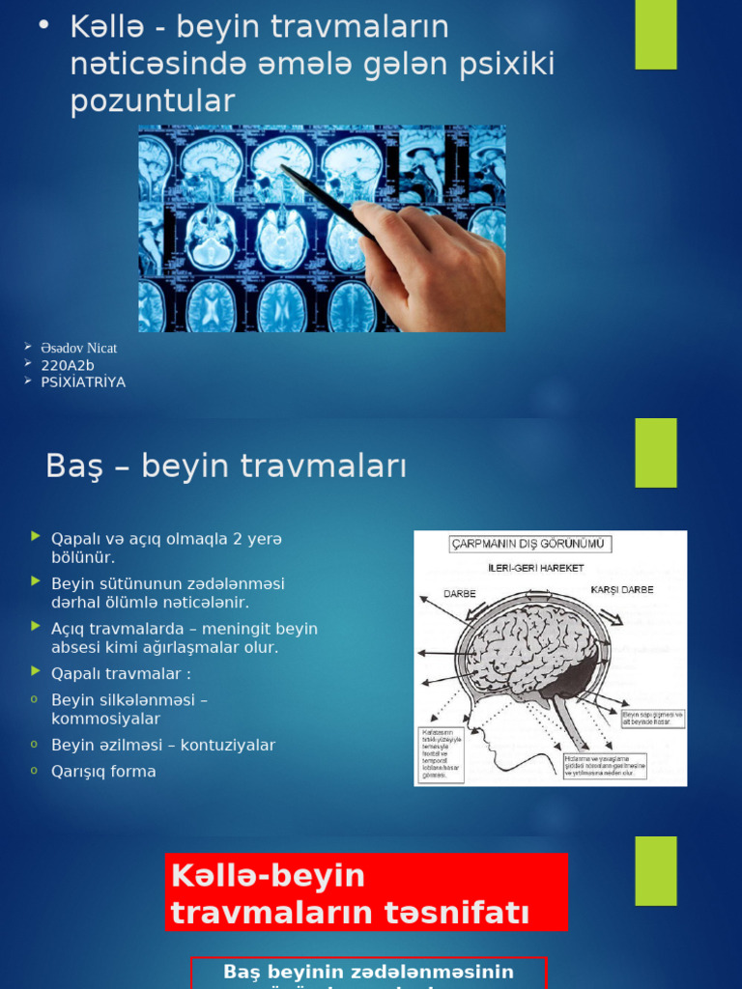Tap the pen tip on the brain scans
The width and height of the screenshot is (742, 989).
coord(282,168)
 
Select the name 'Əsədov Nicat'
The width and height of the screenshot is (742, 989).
coord(78,348)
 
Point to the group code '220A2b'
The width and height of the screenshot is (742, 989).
coord(68,365)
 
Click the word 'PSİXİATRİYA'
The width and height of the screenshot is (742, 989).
coord(83,382)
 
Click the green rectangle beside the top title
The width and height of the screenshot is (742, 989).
coord(656,35)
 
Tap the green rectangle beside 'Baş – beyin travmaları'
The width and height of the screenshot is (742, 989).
coord(656,452)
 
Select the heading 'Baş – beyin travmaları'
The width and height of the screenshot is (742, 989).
coord(226,466)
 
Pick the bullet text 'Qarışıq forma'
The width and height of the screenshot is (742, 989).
coord(103,772)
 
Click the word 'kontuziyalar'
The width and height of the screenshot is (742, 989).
coord(230,746)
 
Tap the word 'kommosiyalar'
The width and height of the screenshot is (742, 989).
coord(105,720)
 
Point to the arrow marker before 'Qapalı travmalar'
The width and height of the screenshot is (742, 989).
coord(36,671)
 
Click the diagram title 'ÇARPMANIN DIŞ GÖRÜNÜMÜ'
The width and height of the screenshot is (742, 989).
coord(530,544)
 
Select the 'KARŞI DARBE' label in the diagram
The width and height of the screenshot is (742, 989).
coord(621,589)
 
